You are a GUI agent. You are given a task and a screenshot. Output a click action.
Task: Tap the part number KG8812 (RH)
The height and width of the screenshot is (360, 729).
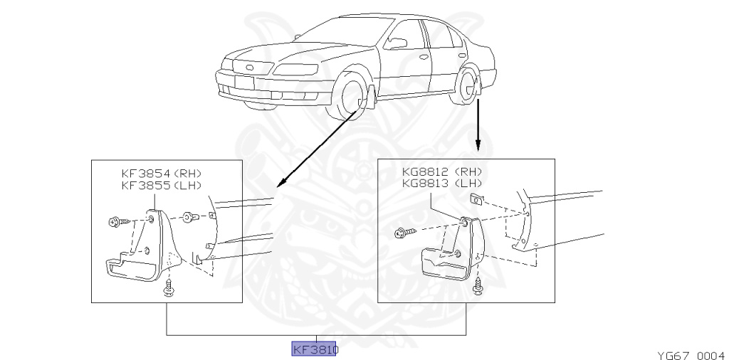(x=441, y=172)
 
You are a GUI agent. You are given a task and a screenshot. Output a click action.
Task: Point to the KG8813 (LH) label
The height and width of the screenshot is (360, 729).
(x=441, y=184)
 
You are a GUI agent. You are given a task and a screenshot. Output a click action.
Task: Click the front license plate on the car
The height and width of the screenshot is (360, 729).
(x=244, y=81)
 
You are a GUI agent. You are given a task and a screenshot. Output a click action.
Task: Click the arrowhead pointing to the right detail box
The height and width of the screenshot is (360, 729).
(x=478, y=149)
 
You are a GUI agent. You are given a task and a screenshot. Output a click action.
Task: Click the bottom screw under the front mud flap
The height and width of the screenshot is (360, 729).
(x=169, y=287)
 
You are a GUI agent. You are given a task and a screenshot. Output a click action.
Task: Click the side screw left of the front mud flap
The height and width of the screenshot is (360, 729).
(x=117, y=222)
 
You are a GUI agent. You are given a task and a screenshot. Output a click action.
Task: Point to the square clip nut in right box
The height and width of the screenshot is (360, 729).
(x=477, y=198)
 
